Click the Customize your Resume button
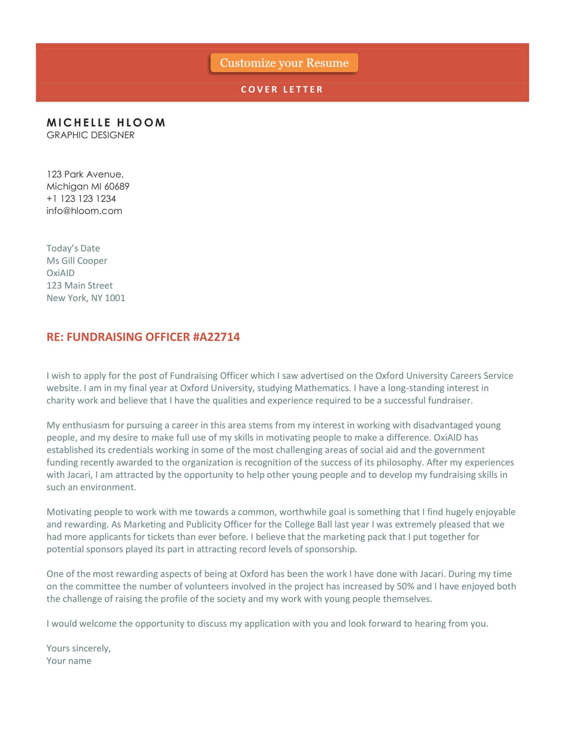coord(284,62)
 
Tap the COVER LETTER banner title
coord(282,89)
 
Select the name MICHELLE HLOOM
coord(106,123)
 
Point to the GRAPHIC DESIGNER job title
coord(90,135)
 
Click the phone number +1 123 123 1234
coord(81,198)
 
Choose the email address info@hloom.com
coord(84,211)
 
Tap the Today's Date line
coord(73,248)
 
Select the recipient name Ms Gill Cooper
coord(77,261)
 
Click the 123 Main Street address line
coord(79,285)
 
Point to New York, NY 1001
coord(86,298)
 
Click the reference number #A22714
coord(216,337)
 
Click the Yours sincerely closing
coord(78,648)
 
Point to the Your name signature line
coord(68,661)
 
